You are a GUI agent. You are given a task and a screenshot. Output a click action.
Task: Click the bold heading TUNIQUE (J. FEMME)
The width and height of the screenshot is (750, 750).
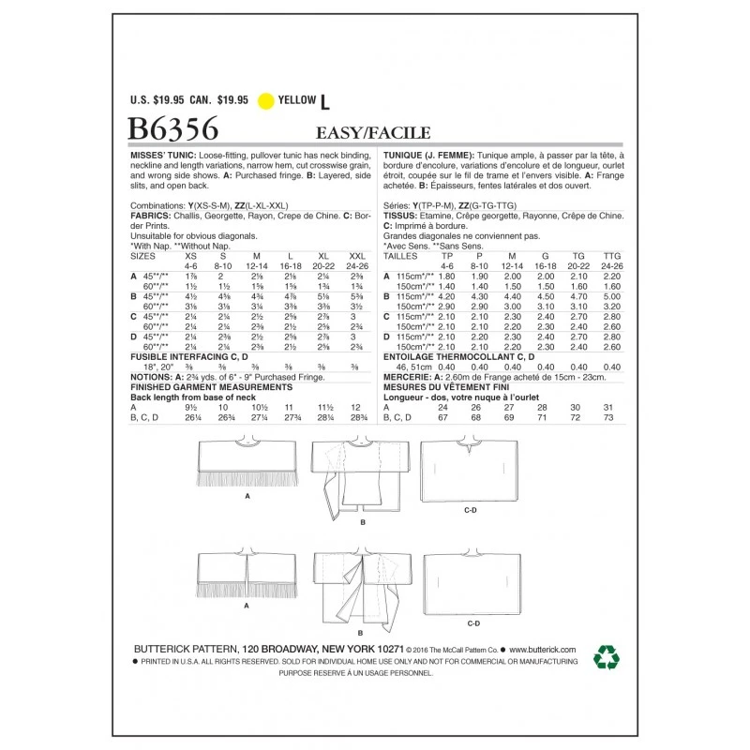427,152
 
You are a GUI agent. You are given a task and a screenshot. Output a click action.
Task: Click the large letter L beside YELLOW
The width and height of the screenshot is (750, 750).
326,98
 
